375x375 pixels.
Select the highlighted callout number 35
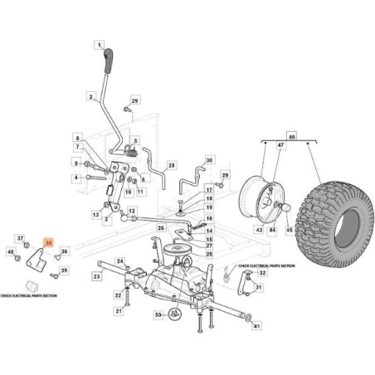(49, 242)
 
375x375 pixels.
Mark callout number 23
(96, 276)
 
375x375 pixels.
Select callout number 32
(263, 272)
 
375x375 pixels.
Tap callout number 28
(172, 166)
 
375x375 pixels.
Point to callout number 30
(209, 160)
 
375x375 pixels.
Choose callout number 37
(21, 237)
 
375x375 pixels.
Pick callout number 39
(64, 270)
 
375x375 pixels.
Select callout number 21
(119, 311)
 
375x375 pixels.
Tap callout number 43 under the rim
(258, 230)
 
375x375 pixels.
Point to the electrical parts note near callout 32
(266, 265)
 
